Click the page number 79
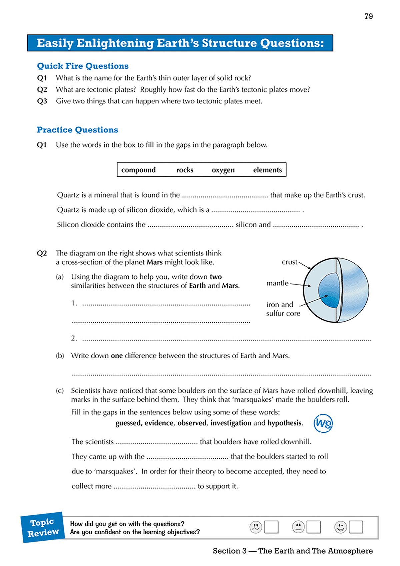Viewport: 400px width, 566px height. coord(368,16)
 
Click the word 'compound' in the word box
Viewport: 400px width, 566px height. coord(138,170)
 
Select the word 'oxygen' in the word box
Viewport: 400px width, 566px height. coord(223,170)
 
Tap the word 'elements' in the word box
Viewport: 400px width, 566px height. coord(267,170)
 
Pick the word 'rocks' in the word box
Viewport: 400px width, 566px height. coord(185,170)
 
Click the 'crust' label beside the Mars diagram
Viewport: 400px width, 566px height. coord(289,262)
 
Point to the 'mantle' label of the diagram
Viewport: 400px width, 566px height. coord(277,283)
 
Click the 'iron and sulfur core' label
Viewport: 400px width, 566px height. coord(283,309)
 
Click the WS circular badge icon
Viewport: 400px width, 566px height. coord(323,423)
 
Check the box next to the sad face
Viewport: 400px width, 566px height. coord(271,527)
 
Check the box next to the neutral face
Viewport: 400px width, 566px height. coord(313,527)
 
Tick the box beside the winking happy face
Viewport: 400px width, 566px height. coord(356,527)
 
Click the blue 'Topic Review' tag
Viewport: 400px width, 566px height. coord(43,527)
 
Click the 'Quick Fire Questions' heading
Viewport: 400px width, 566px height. coord(83,66)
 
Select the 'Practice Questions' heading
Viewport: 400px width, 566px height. coord(77,130)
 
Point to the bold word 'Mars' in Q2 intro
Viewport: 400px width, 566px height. coord(155,262)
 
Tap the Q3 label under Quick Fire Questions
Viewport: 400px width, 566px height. coord(42,101)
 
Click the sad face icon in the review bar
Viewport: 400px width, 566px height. coord(256,527)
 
